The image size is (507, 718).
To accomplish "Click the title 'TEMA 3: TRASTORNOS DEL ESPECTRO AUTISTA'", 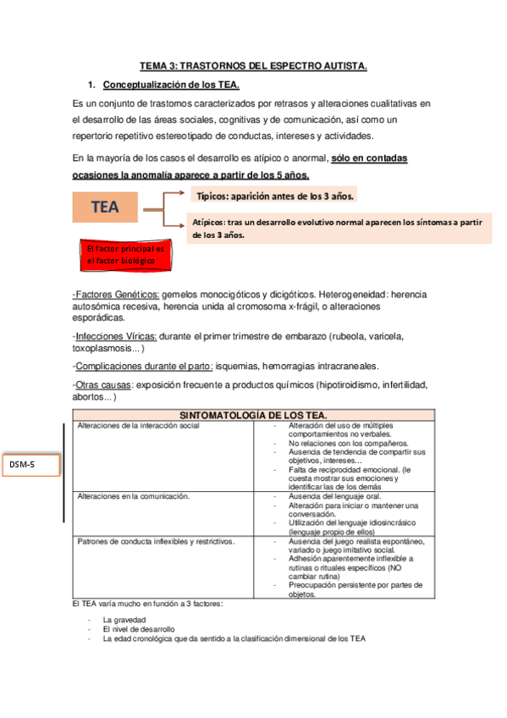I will click(x=253, y=66).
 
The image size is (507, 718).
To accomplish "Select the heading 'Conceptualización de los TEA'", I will click(x=171, y=86).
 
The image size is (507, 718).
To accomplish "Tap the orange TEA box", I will click(x=105, y=207).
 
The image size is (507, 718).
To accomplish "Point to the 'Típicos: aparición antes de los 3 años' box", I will click(x=274, y=196).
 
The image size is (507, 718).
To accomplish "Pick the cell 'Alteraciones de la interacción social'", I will click(x=138, y=426).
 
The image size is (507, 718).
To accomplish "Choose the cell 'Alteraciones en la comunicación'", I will click(x=133, y=496).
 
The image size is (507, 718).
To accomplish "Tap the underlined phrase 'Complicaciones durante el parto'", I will click(x=141, y=366).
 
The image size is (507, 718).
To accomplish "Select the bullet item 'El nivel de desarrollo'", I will click(x=139, y=629).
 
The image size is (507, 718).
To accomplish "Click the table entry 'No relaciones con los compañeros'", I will click(x=348, y=443).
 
